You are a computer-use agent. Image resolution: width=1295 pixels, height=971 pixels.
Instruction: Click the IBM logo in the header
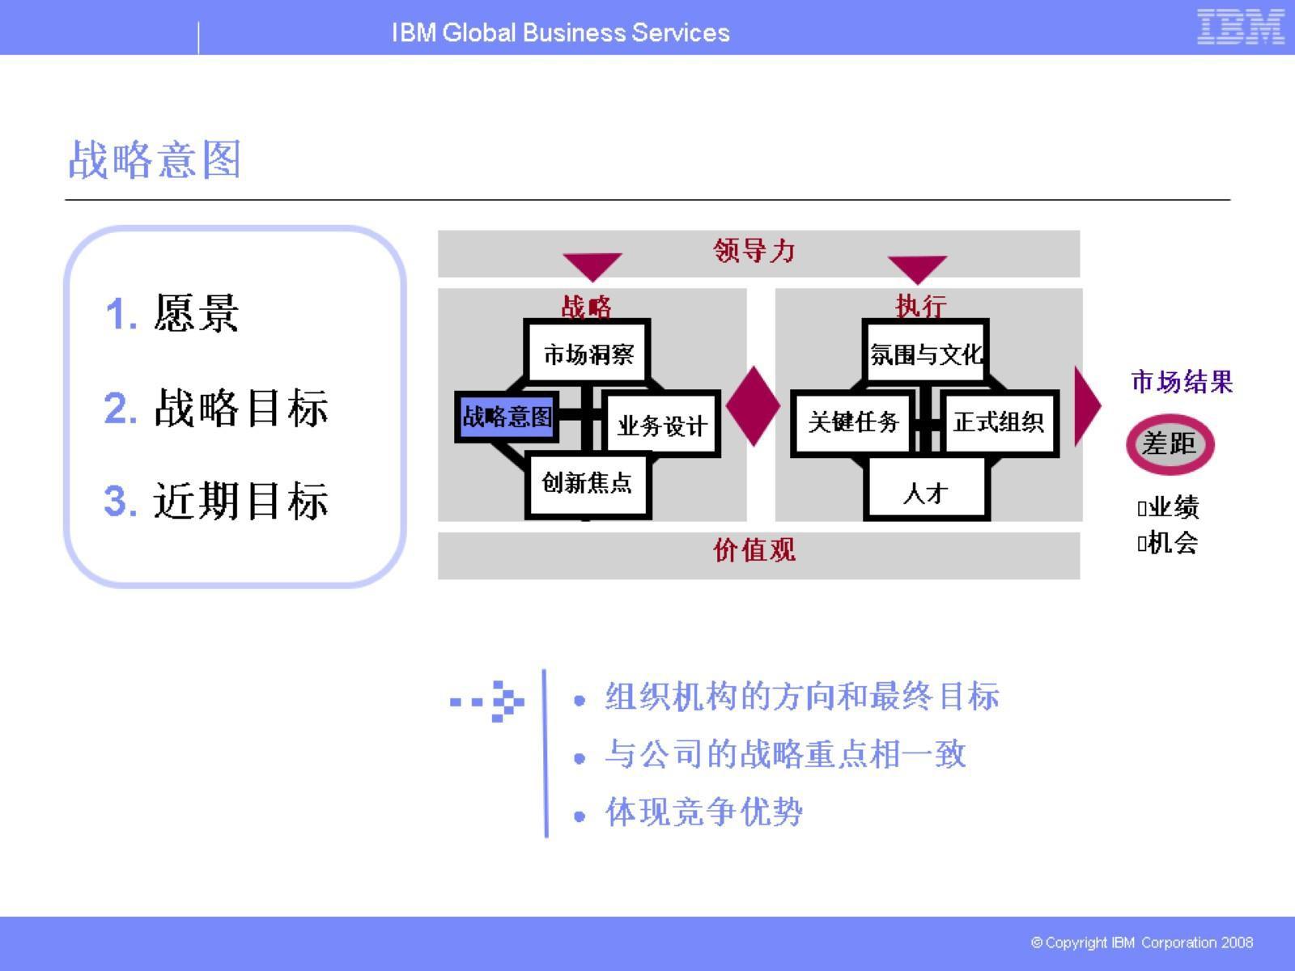coord(1240,27)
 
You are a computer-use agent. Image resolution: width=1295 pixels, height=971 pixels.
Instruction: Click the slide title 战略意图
coord(155,159)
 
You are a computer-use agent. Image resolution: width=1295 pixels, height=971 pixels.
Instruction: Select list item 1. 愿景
coord(172,313)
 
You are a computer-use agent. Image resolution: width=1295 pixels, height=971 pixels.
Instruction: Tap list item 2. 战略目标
coord(216,407)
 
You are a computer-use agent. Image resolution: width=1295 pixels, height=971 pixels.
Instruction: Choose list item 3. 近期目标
coord(216,500)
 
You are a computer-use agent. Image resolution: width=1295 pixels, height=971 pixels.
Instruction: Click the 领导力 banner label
coord(754,251)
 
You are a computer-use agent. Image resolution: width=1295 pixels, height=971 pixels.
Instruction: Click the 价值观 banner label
coord(754,550)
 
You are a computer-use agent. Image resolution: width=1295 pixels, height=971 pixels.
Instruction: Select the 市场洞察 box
coord(588,354)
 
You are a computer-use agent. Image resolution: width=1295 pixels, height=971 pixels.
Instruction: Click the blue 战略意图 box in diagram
coord(507,417)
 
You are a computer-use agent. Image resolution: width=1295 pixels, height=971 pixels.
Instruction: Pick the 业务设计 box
coord(662,425)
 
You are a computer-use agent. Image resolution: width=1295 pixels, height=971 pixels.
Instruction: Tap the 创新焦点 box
coord(588,483)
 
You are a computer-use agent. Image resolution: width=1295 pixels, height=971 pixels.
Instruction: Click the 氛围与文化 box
coord(926,354)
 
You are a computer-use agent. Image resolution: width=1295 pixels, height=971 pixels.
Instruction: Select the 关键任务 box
coord(853,422)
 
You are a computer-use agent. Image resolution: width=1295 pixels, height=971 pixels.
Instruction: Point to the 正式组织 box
coord(999,422)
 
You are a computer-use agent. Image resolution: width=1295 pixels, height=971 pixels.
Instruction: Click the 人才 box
coord(926,492)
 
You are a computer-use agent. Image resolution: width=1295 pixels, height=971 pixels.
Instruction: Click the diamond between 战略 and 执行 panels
coord(753,406)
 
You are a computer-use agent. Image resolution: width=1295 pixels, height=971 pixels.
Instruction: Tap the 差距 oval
coord(1170,443)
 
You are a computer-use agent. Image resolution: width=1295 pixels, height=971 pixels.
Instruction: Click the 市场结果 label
coord(1182,382)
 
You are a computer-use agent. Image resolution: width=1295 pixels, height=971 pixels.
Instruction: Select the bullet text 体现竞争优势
coord(703,812)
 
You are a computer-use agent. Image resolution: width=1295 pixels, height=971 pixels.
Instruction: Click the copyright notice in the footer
coord(1141,943)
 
